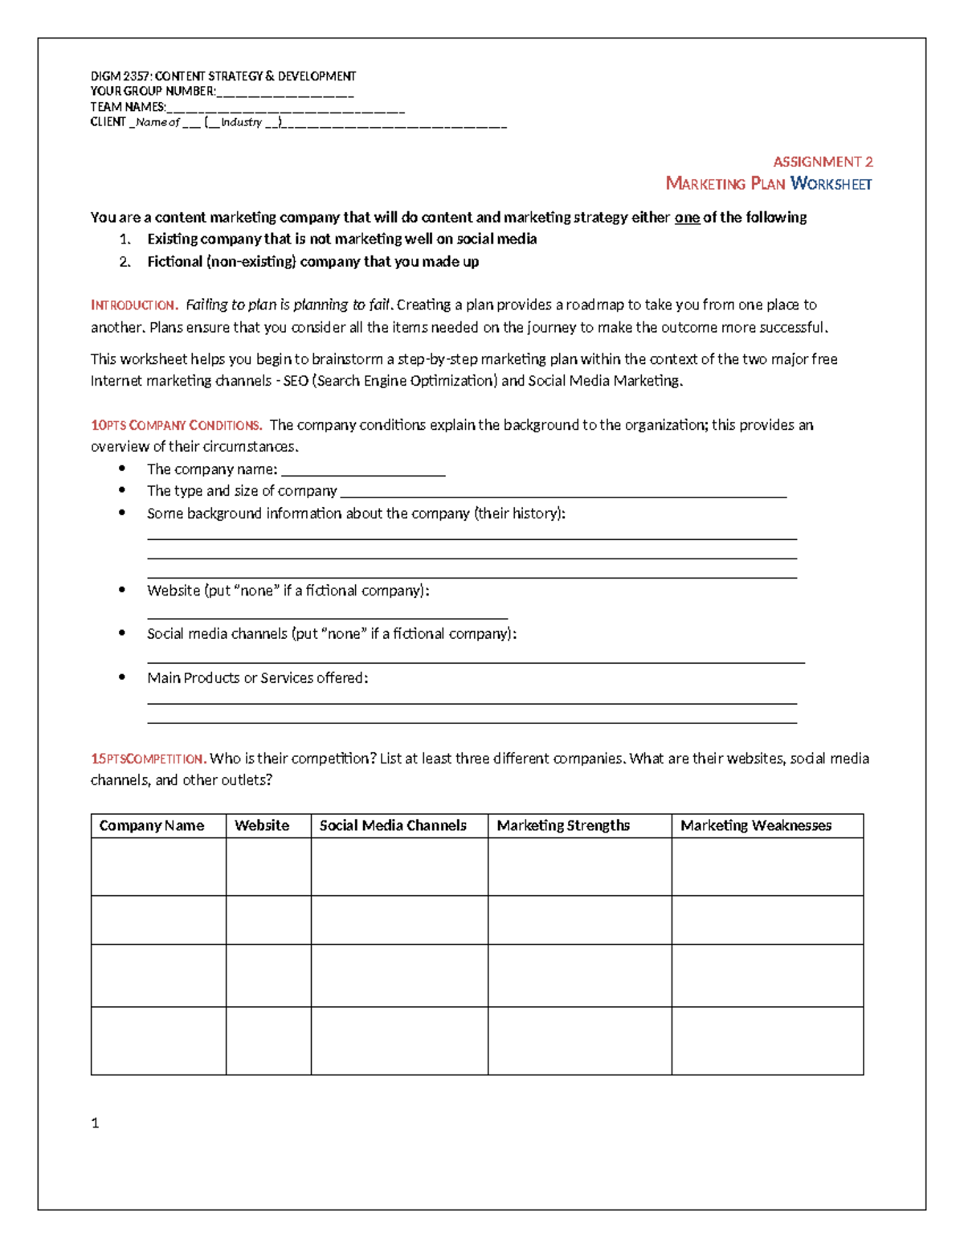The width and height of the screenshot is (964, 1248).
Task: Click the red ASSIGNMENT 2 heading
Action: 823,162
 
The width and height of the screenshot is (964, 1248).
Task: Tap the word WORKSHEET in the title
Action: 831,184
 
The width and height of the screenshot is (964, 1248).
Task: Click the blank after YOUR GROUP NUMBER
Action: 285,92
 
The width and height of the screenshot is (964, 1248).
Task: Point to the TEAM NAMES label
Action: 128,107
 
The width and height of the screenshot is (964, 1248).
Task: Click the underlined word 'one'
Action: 687,218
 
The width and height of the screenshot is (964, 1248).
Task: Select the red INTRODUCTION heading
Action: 133,305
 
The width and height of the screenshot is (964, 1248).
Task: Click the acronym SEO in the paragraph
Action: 296,381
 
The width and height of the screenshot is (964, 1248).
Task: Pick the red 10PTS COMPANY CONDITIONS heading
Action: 176,425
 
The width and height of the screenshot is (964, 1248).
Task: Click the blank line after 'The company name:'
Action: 363,471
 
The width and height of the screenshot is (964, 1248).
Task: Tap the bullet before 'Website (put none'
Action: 122,590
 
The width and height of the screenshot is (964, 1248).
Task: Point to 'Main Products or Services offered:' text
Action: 257,678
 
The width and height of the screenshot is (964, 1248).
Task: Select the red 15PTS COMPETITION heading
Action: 149,759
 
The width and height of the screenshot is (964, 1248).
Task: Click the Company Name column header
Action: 152,825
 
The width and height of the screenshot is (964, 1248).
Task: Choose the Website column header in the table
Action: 262,825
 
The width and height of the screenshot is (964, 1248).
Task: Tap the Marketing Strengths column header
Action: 563,825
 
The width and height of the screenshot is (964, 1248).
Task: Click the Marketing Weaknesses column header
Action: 756,825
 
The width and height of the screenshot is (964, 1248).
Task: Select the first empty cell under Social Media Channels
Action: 399,866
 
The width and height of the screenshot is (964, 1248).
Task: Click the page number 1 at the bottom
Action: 95,1123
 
